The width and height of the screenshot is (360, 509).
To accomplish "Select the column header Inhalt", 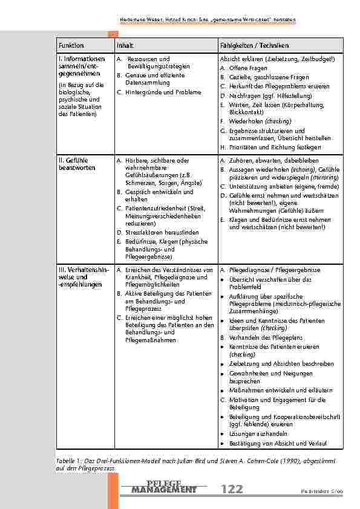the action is [125, 46].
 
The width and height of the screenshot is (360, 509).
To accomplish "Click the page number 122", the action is [232, 489].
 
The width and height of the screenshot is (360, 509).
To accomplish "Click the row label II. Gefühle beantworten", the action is [73, 164].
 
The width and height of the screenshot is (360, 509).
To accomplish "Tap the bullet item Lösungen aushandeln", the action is [258, 434].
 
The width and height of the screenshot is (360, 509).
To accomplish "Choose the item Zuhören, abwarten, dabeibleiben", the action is [269, 161].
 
